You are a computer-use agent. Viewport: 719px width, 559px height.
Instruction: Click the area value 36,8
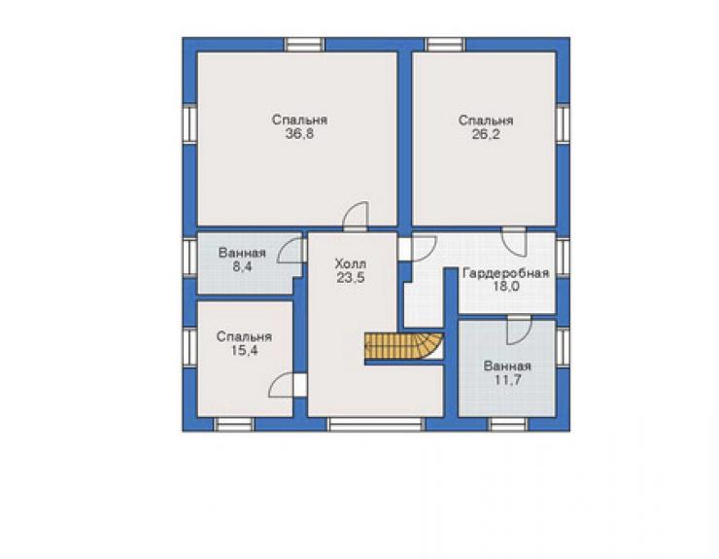coord(299,134)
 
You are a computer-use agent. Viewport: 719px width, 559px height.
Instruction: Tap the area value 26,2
coord(486,134)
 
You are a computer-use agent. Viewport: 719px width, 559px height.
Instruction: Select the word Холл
coord(351,264)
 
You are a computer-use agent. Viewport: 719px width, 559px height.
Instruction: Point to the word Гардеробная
coord(506,273)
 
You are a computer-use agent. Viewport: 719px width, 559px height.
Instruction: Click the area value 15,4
coord(245,351)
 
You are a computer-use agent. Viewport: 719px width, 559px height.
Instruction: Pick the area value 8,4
coord(242,266)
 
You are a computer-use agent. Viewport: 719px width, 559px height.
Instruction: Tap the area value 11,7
coord(507,380)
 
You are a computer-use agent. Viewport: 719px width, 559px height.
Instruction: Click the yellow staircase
coord(403,345)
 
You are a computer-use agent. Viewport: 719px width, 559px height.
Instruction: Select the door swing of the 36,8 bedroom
coord(356,215)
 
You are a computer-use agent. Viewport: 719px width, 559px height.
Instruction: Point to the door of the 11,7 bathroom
coord(519,331)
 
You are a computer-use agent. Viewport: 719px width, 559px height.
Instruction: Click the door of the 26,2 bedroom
coord(515,242)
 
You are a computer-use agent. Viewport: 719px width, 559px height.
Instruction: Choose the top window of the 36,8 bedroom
coord(304,45)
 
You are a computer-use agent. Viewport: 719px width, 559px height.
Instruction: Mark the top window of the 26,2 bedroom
coord(445,45)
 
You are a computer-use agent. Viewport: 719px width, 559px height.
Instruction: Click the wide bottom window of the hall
coord(376,424)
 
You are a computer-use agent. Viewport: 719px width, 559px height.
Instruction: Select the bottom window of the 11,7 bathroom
coord(507,424)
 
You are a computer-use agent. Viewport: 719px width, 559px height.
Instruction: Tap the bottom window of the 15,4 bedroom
coord(234,424)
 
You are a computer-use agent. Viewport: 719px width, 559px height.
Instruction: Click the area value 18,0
coord(506,287)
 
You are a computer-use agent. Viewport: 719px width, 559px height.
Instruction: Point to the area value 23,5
coord(351,278)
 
